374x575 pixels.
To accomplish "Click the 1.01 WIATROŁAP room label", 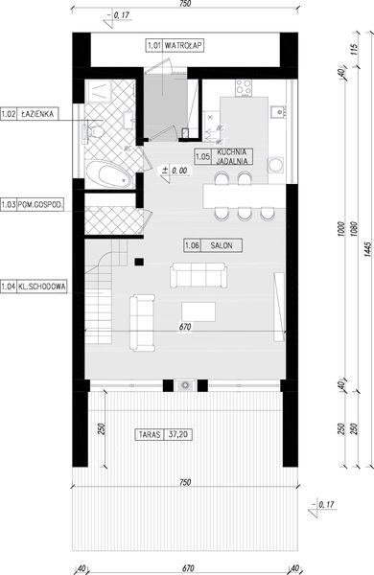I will point(172,44).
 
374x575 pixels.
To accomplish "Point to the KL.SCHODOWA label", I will point(34,285).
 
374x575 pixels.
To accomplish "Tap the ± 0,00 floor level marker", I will point(175,170).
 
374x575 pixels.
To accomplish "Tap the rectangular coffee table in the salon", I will point(199,312).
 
